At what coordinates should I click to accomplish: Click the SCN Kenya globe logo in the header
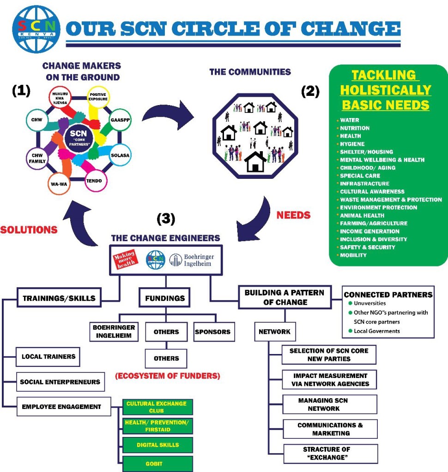(x=35, y=28)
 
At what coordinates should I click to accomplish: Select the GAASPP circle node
(x=119, y=119)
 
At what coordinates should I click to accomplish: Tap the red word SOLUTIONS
(x=29, y=229)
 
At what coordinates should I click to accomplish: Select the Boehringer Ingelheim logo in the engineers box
(x=192, y=260)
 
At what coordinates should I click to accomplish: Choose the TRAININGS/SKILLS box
(x=59, y=298)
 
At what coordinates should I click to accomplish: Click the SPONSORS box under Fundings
(x=212, y=332)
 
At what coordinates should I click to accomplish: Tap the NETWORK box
(x=274, y=331)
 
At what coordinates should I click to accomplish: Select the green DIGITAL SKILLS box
(x=157, y=445)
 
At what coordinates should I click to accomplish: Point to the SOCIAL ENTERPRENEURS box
(x=60, y=382)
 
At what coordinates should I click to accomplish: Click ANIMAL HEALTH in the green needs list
(x=362, y=215)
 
